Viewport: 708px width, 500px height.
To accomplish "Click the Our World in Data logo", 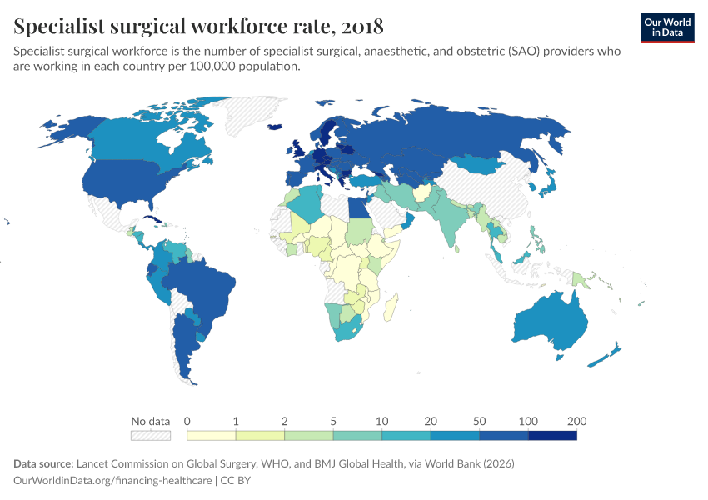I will [x=667, y=27].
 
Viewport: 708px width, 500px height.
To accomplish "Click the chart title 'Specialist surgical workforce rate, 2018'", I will [x=198, y=27].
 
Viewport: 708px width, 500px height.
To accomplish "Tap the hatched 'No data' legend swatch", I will [x=150, y=435].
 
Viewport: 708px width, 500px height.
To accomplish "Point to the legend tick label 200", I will [x=576, y=420].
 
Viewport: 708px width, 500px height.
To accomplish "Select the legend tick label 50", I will [x=479, y=420].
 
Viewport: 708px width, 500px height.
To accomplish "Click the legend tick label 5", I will [x=333, y=420].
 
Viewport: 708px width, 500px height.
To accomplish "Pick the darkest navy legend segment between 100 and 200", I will [x=552, y=435].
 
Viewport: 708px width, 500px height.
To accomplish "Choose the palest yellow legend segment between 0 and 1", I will [x=212, y=435].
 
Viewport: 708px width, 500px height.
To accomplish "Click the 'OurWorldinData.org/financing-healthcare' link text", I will [x=113, y=481].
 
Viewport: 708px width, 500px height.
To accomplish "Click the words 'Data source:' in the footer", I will [x=43, y=463].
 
